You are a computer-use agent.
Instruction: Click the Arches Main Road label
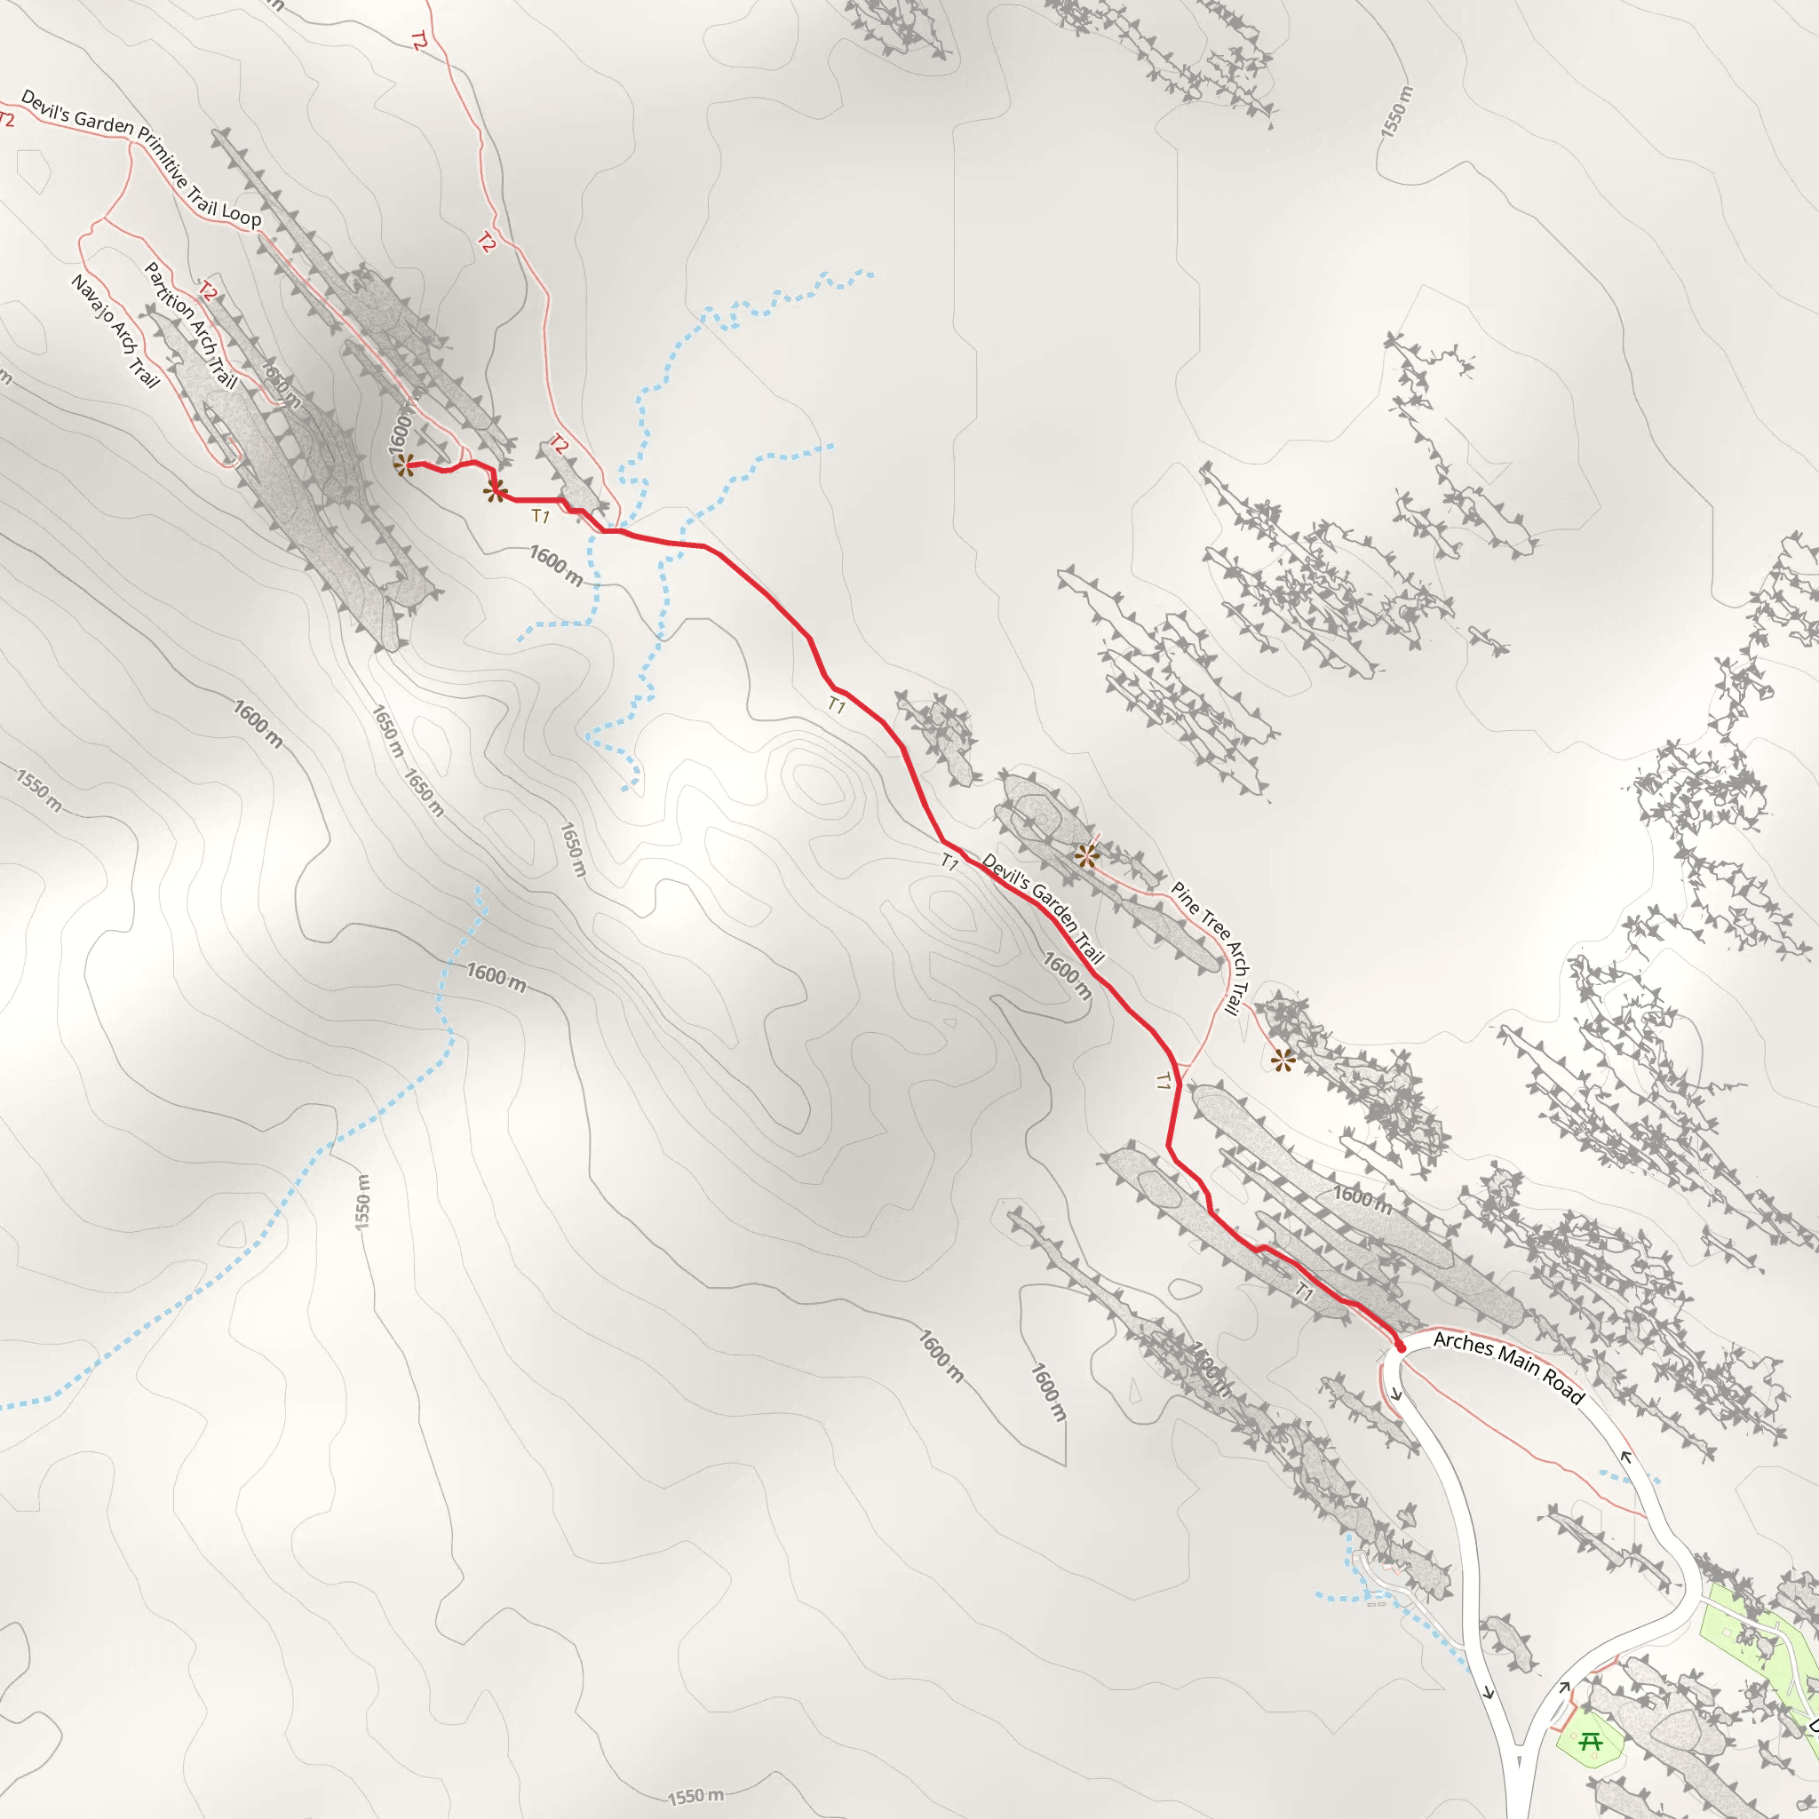1508,1368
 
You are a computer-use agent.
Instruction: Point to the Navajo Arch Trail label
115,330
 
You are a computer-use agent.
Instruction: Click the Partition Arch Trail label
189,325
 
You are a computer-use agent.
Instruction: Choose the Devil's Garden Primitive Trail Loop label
140,157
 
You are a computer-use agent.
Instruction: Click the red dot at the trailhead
1400,1347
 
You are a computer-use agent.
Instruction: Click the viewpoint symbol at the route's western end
404,465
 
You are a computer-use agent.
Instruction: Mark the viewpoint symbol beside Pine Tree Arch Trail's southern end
1283,1061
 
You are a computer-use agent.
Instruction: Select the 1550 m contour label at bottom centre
695,1798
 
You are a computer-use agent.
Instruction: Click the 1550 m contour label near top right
1397,112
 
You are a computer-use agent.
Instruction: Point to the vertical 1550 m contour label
363,1202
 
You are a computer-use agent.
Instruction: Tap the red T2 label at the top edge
419,41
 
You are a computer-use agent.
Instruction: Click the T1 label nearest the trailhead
1304,1291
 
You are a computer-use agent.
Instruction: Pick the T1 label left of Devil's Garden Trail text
950,861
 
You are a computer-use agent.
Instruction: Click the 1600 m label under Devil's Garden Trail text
1067,974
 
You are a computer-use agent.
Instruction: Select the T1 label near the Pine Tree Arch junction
1164,1081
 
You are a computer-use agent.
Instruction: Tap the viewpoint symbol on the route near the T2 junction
496,490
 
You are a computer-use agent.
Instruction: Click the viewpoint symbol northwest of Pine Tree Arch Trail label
1086,856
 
